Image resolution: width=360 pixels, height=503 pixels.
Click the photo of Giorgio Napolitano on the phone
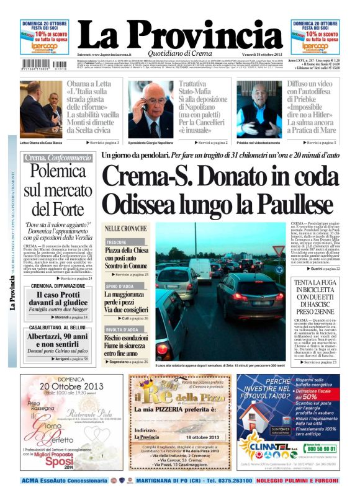(150, 110)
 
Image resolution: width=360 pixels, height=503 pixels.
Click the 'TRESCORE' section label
(116, 242)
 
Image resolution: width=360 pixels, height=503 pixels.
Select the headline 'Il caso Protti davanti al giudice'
(57, 299)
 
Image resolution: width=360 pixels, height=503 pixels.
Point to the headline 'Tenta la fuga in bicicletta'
(315, 296)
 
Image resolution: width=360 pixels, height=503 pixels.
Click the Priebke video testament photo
(259, 109)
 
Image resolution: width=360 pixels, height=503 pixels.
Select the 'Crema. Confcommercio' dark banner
(56, 158)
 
